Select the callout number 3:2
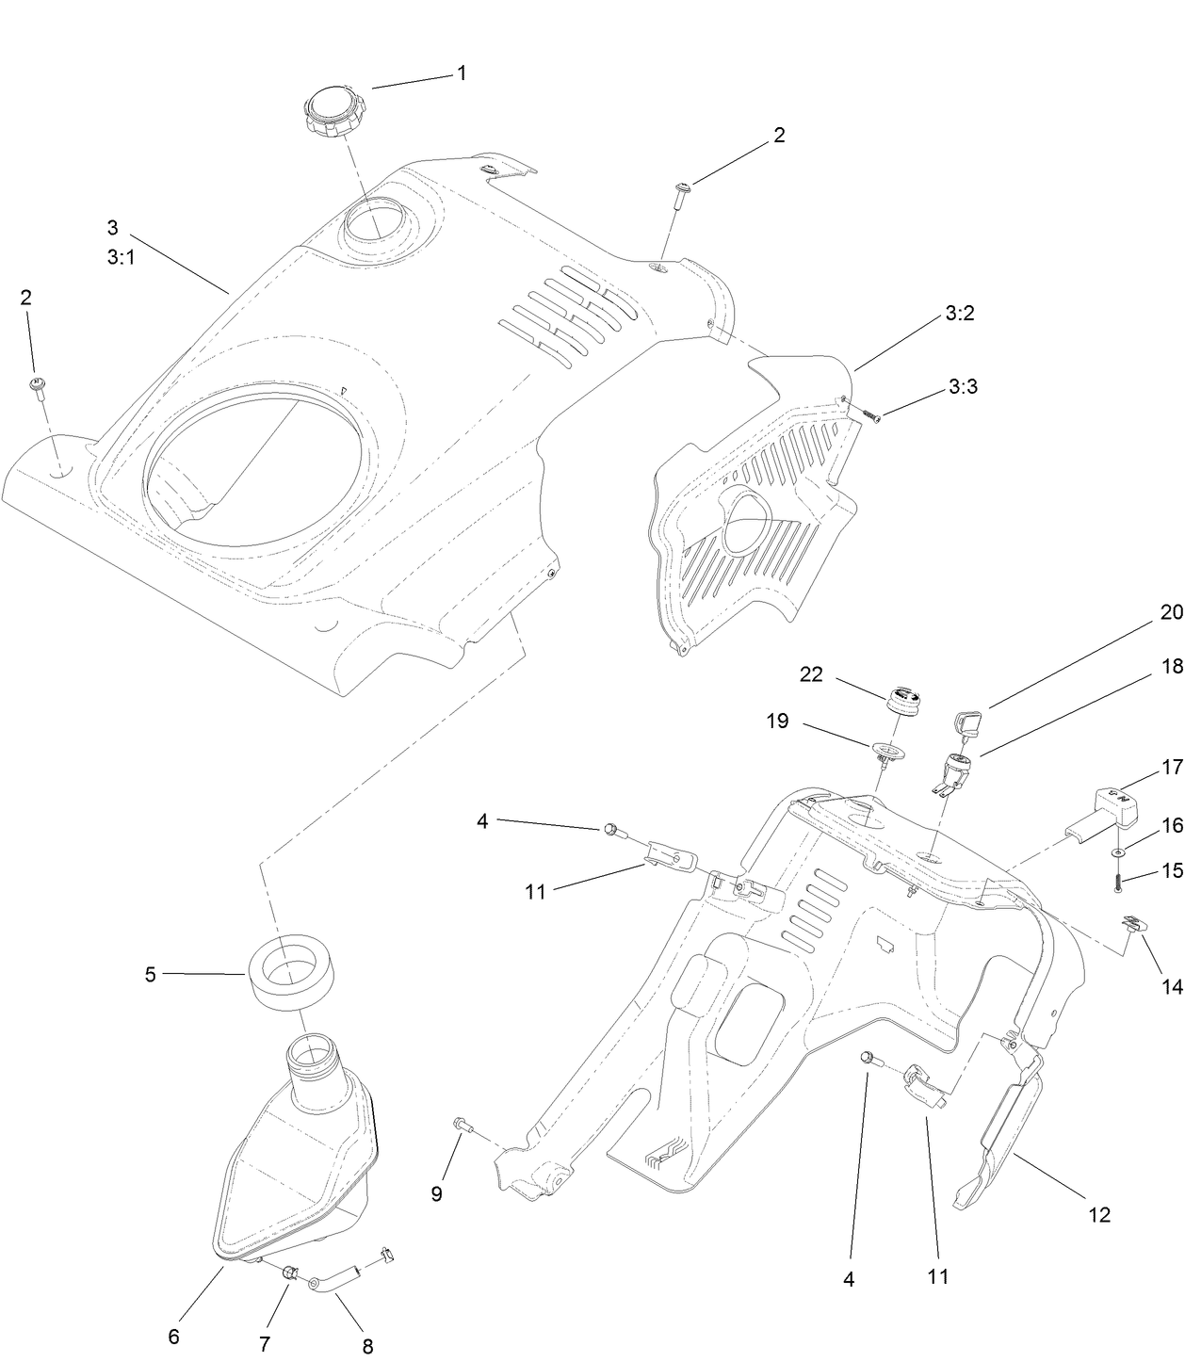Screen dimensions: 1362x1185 point(959,314)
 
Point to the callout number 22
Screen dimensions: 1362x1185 point(811,674)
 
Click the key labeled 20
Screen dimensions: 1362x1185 point(970,723)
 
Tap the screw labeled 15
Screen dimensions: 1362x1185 point(1117,881)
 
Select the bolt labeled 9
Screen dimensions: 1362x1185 point(462,1123)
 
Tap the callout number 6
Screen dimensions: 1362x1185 point(173,1336)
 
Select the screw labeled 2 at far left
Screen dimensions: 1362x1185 point(39,387)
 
